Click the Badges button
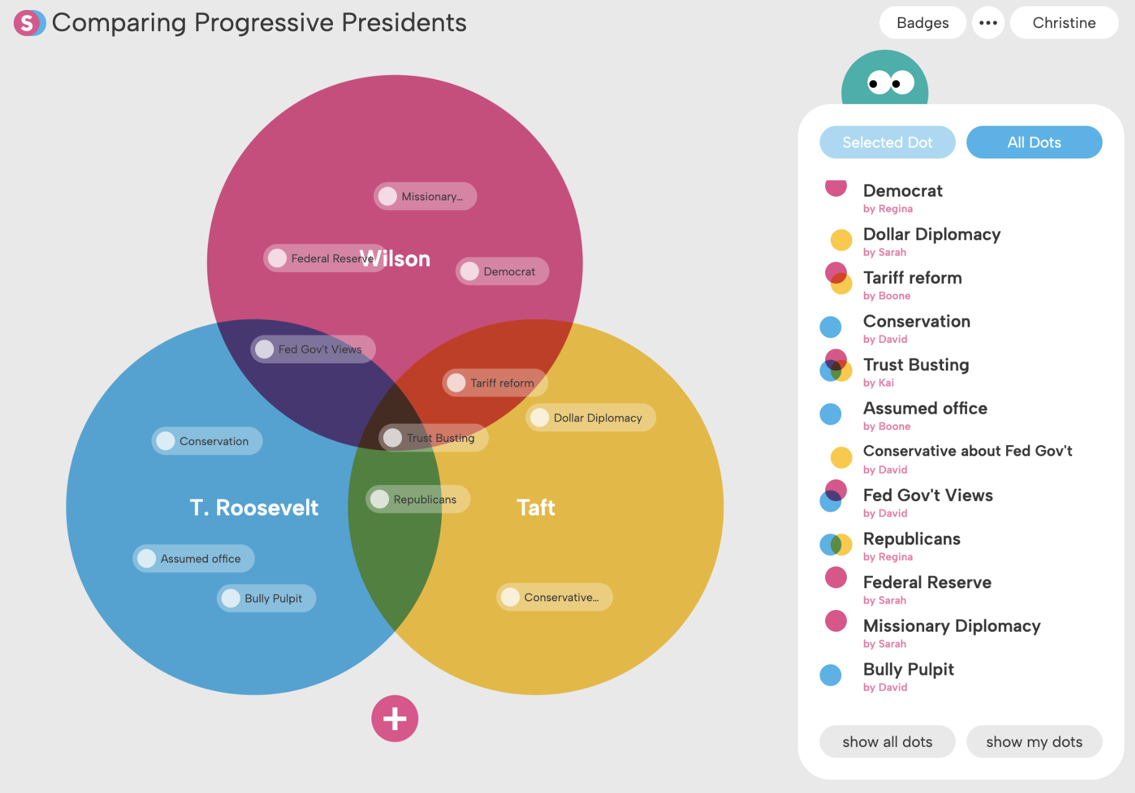(x=922, y=23)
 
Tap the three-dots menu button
(x=988, y=23)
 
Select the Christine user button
(x=1063, y=23)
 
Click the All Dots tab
(x=1034, y=143)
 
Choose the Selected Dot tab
(x=887, y=143)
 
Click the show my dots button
(x=1034, y=741)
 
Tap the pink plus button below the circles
(x=395, y=718)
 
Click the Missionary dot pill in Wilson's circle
(x=425, y=196)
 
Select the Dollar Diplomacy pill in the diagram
(x=591, y=418)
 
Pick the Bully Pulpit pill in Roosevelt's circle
(x=266, y=598)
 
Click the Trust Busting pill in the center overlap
(x=433, y=438)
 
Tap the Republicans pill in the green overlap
(x=418, y=499)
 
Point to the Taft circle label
(x=536, y=508)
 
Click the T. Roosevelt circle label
(x=254, y=508)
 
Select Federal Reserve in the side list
(x=927, y=583)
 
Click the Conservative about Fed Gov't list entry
(x=967, y=451)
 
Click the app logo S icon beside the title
(x=29, y=23)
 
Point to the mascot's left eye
(x=878, y=83)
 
